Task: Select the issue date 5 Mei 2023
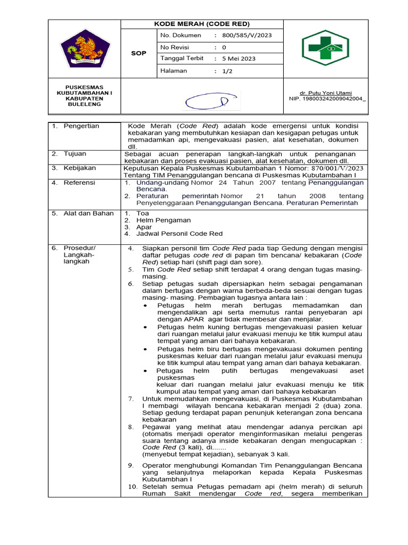[239, 59]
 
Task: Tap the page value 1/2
[228, 71]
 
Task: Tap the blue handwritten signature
[204, 100]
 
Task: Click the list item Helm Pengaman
[163, 220]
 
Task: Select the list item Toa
[142, 213]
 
